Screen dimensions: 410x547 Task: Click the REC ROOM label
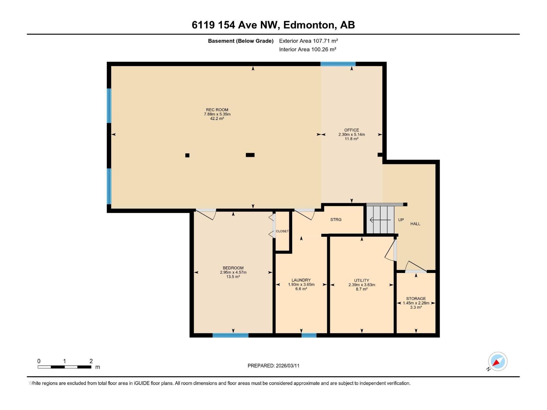(x=217, y=110)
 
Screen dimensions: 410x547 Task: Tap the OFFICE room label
(x=351, y=130)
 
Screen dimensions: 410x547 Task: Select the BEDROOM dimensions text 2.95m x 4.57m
(x=233, y=272)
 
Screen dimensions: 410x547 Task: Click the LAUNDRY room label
(x=301, y=280)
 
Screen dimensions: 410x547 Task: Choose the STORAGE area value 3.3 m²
(x=416, y=307)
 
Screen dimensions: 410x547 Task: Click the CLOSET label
(x=282, y=231)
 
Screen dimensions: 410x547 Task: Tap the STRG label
(x=336, y=220)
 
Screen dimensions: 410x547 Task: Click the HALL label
(x=415, y=224)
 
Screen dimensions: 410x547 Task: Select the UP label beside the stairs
(x=401, y=220)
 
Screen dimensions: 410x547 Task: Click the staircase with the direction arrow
(x=381, y=220)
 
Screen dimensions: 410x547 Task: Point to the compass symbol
(x=497, y=361)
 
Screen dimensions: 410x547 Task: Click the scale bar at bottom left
(x=64, y=367)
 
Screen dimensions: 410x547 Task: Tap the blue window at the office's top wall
(x=338, y=64)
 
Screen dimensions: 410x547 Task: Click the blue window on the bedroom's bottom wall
(x=230, y=335)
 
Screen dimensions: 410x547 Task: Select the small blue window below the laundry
(x=309, y=335)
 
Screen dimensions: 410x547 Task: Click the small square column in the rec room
(x=187, y=155)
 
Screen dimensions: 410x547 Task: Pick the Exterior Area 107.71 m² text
(x=308, y=41)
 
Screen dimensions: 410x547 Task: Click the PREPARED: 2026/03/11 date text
(x=273, y=366)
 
